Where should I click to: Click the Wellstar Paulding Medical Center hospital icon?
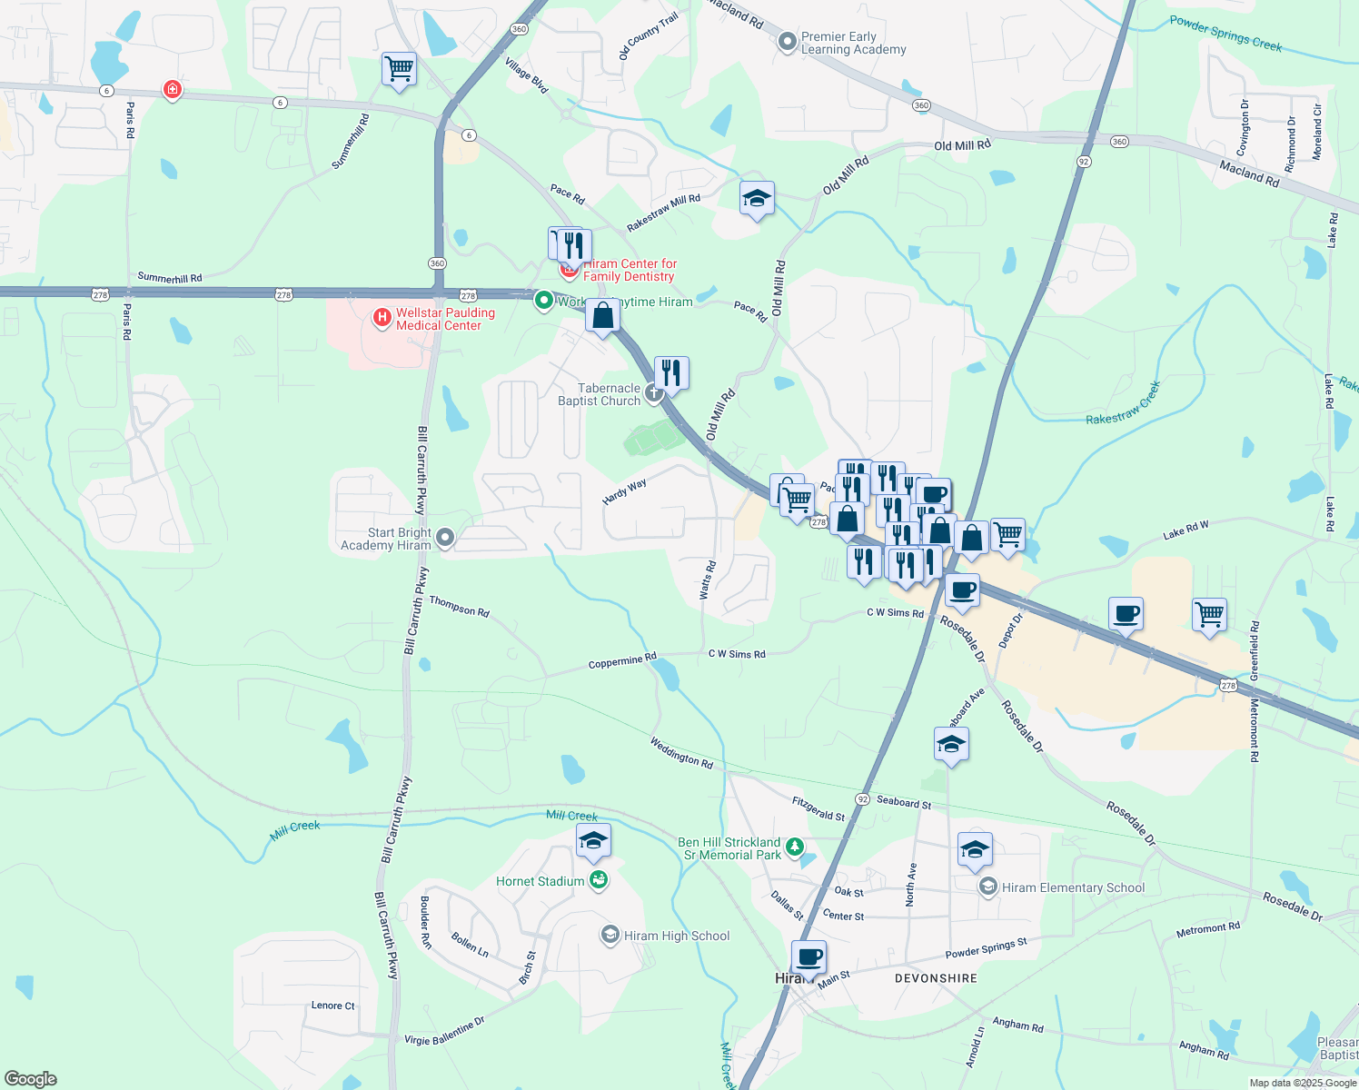(382, 318)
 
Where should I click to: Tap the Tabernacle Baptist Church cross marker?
(653, 394)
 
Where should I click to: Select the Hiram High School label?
(676, 936)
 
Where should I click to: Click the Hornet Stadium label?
(540, 881)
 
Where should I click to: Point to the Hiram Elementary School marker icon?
(988, 887)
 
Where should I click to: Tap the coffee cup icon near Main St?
(808, 957)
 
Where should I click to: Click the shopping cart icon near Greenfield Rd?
(1209, 615)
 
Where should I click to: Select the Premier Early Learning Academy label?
(853, 43)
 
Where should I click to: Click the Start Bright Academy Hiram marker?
(445, 539)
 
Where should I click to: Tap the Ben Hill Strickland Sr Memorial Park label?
(729, 848)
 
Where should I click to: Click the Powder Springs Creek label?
(1225, 34)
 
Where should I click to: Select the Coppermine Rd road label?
(622, 661)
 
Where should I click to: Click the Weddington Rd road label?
(681, 752)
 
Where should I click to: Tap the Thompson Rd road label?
(459, 607)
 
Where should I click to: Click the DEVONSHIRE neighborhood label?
(936, 978)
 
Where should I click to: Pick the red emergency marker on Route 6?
(172, 89)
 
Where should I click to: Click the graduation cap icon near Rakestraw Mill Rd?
(756, 199)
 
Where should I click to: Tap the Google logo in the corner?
(30, 1079)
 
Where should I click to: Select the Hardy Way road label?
(624, 491)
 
